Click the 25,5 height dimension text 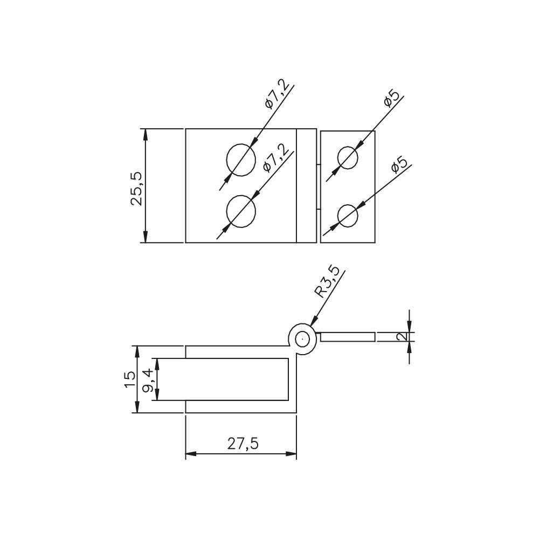[x=136, y=189]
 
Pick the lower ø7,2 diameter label [x=274, y=157]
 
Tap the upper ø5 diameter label [x=391, y=98]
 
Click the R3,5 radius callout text [x=327, y=281]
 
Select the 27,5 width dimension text [x=243, y=444]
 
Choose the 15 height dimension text [x=130, y=379]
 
